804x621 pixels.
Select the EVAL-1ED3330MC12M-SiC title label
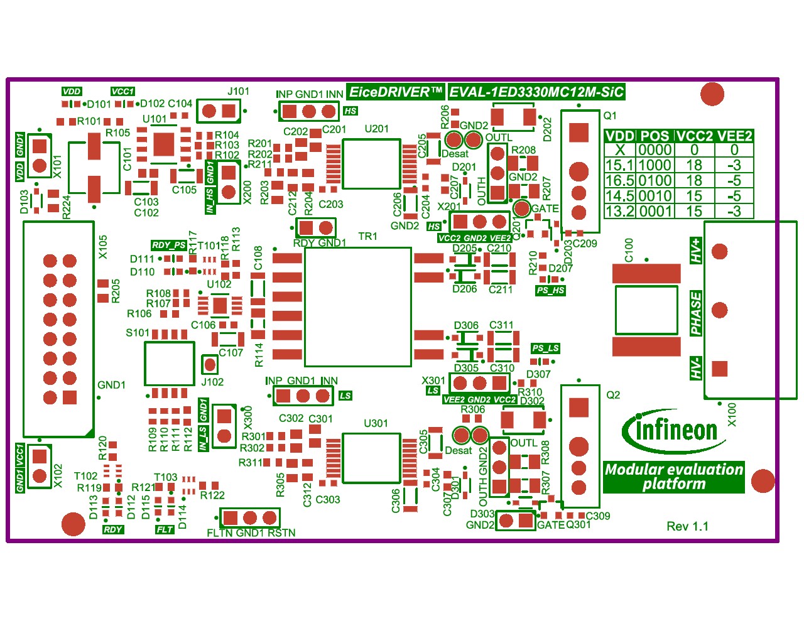[536, 92]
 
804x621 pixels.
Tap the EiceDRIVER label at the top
[396, 92]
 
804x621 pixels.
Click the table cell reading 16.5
[619, 181]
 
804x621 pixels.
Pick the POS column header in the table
[655, 136]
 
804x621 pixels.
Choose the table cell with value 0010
[655, 196]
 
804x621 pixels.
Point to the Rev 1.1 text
[687, 526]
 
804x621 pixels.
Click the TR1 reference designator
[367, 236]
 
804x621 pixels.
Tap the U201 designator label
[376, 129]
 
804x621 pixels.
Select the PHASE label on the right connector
[696, 313]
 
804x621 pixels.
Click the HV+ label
[696, 251]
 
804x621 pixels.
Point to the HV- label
[696, 367]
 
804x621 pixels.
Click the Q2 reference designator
[613, 395]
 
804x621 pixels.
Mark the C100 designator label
[629, 250]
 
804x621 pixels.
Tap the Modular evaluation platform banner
[673, 477]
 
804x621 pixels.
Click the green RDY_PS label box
[168, 246]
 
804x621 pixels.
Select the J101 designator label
[238, 92]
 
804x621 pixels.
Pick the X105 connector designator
[103, 247]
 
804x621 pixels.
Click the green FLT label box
[165, 529]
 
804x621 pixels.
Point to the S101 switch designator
[138, 333]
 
